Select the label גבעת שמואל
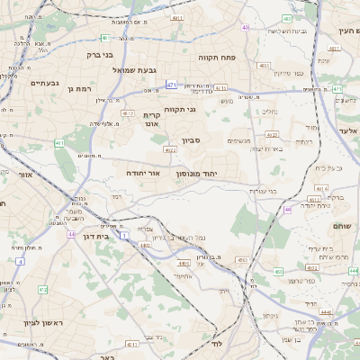click(x=164, y=70)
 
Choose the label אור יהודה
click(x=141, y=171)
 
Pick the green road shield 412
click(x=42, y=290)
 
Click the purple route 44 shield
click(x=70, y=234)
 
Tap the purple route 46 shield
click(x=288, y=209)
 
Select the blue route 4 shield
click(x=20, y=261)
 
